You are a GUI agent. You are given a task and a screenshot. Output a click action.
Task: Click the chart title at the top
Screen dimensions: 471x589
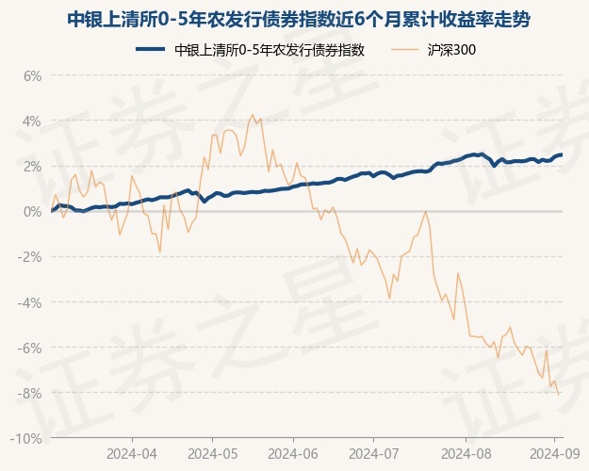(294, 18)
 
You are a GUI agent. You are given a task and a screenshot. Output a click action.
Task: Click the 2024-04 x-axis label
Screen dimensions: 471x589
(131, 453)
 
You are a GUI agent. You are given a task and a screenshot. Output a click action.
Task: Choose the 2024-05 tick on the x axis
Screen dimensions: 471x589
(212, 453)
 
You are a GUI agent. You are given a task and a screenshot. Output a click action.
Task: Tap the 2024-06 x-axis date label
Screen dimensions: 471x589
(293, 453)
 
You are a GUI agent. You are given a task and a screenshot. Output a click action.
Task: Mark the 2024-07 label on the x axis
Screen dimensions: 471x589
(373, 453)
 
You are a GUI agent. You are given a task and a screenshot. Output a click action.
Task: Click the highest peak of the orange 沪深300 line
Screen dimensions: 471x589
(251, 115)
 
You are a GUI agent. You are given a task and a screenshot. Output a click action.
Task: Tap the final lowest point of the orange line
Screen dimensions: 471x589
(559, 394)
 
